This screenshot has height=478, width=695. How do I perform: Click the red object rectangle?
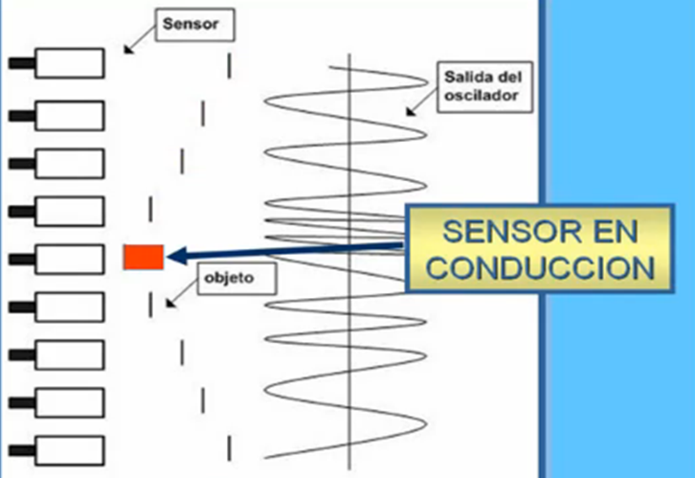pyautogui.click(x=144, y=255)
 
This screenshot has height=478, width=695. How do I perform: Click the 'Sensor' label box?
pyautogui.click(x=196, y=26)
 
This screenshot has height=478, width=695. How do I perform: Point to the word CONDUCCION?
pyautogui.click(x=540, y=265)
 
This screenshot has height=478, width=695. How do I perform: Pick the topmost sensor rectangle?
pyautogui.click(x=69, y=64)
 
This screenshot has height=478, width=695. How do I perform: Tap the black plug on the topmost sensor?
pyautogui.click(x=21, y=64)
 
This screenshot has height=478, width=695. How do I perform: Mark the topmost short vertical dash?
pyautogui.click(x=229, y=65)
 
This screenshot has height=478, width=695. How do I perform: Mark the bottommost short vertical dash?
pyautogui.click(x=229, y=445)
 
